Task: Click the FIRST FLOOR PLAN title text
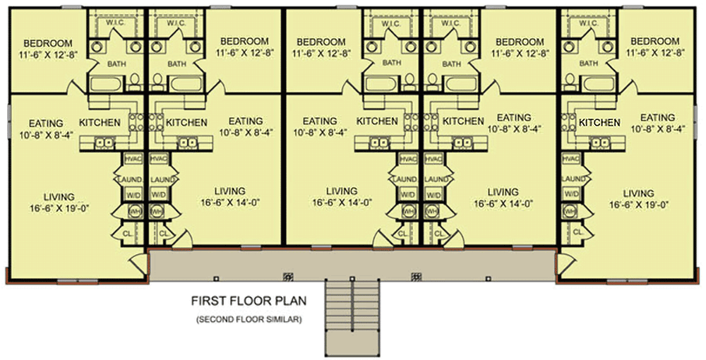[247, 301]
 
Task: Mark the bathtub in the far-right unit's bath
[597, 84]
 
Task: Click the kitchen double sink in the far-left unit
[104, 142]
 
